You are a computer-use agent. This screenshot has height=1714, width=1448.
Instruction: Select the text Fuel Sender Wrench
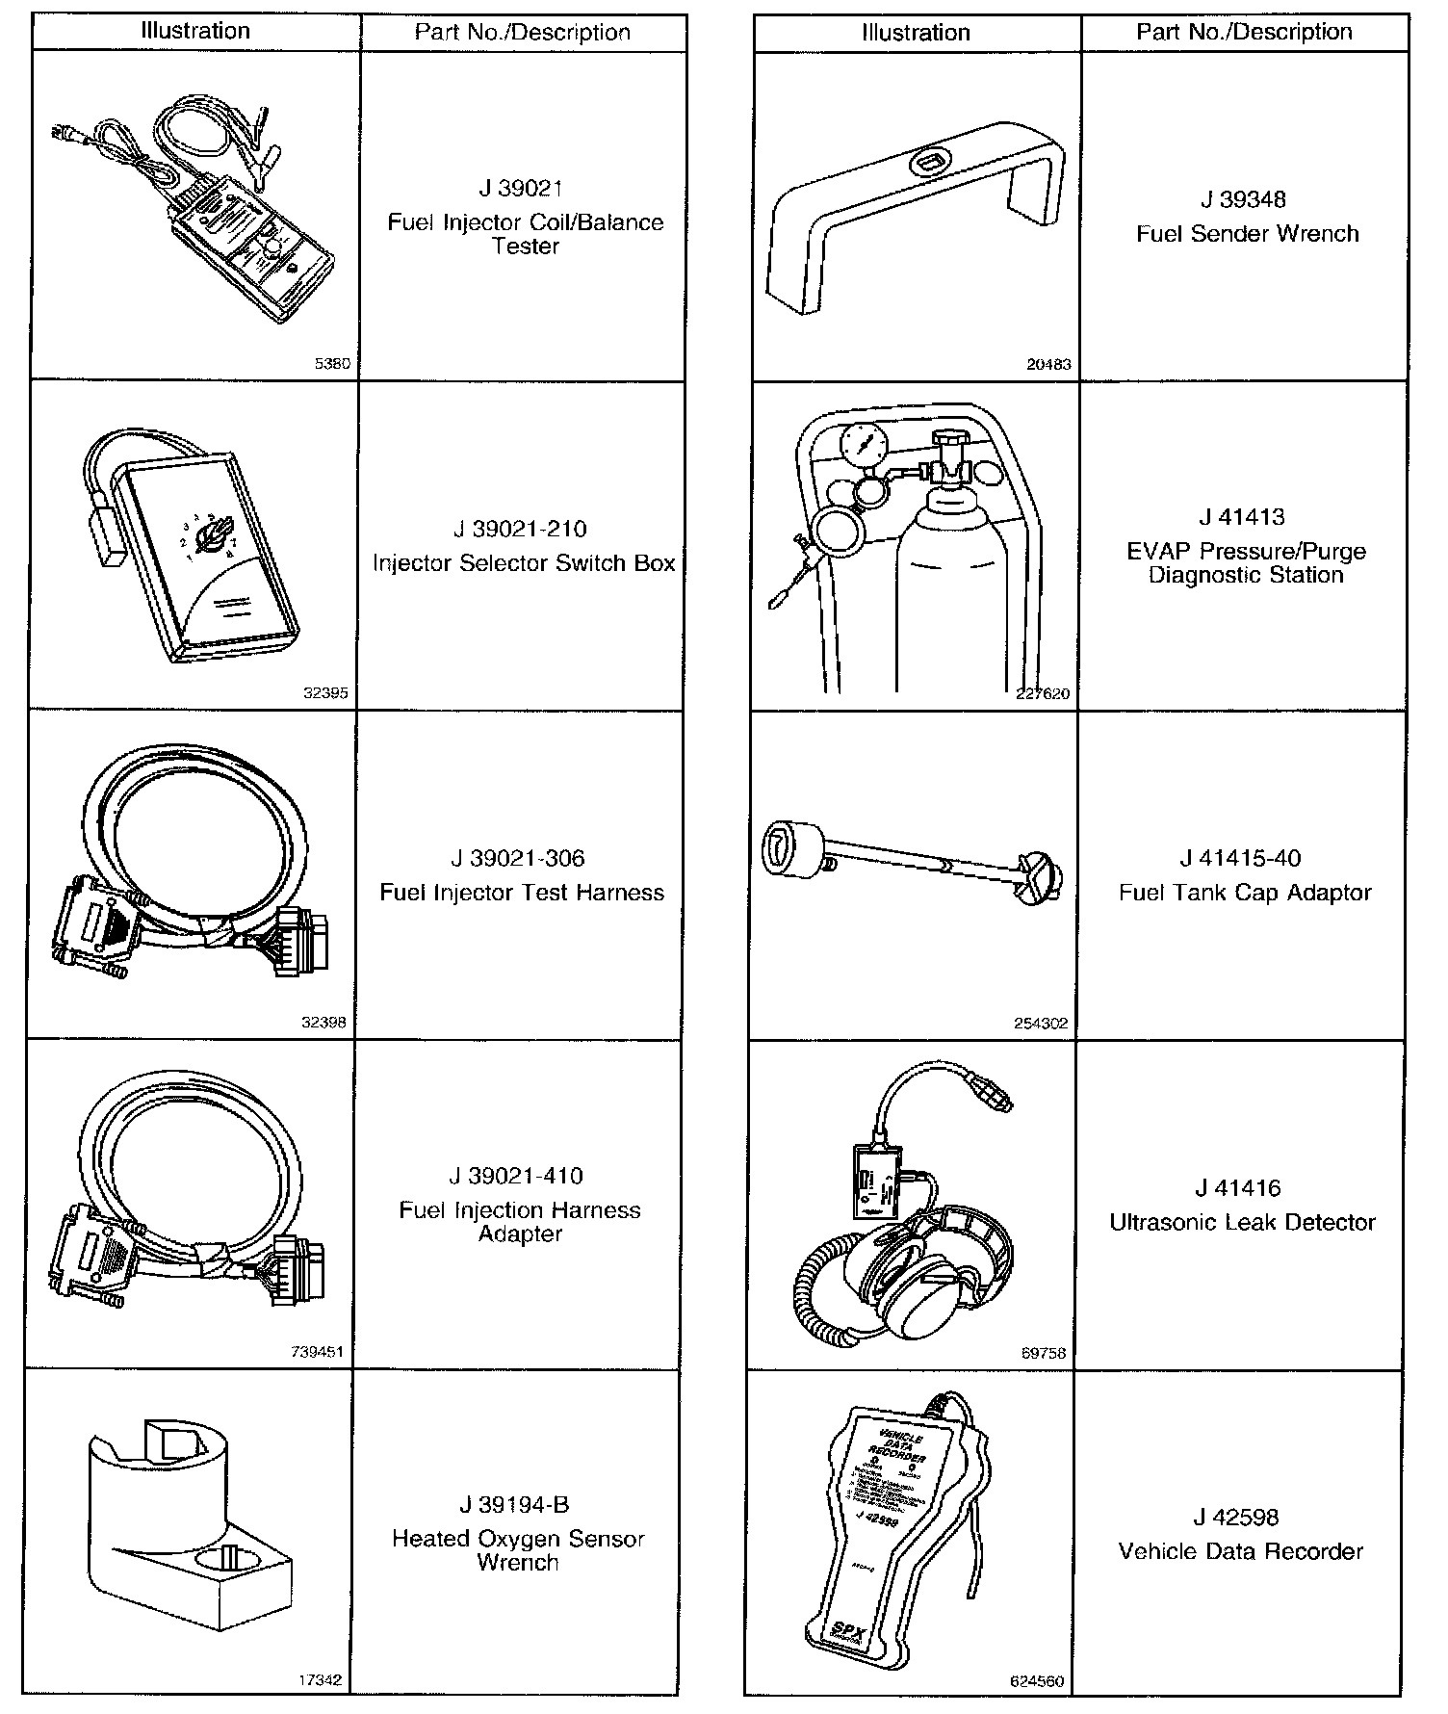[1247, 234]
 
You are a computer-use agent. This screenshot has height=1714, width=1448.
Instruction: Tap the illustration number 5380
[333, 365]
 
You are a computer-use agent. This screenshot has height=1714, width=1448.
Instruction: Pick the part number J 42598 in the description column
[1241, 1518]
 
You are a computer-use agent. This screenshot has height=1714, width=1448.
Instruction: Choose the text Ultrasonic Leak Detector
[1242, 1223]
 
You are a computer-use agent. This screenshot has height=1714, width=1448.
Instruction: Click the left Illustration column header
[195, 31]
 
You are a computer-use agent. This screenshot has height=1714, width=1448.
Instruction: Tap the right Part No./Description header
[1244, 32]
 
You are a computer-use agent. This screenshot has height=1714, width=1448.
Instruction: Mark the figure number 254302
[1041, 1024]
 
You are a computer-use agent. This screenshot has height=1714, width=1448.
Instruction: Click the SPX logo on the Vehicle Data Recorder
[848, 1631]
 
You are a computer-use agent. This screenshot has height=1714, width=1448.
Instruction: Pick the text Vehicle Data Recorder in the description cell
[1241, 1551]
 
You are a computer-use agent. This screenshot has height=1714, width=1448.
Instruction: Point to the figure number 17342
[320, 1681]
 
